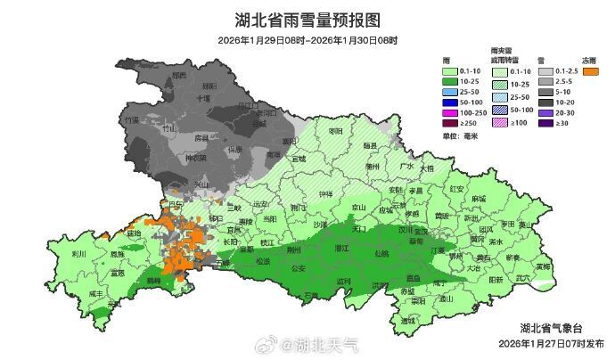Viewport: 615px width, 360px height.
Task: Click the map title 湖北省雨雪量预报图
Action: click(307, 20)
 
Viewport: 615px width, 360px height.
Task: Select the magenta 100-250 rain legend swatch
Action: click(453, 115)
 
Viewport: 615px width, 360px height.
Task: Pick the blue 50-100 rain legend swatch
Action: click(453, 103)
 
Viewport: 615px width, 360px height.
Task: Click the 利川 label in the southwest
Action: click(78, 253)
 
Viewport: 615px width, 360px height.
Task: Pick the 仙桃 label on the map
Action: click(381, 254)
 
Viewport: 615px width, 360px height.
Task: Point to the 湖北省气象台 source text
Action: click(552, 329)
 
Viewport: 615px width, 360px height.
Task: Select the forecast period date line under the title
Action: click(307, 41)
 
